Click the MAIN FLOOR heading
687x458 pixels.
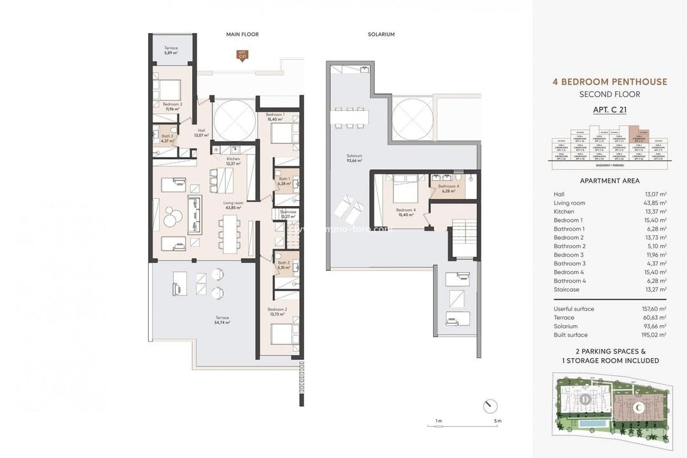coord(242,34)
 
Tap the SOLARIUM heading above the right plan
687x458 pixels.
coord(381,34)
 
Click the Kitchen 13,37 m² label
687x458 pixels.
coord(233,161)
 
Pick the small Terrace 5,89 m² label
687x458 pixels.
coord(170,50)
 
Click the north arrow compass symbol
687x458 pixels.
coord(490,406)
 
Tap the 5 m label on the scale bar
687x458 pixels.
coord(497,421)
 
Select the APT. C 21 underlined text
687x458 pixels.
coord(610,109)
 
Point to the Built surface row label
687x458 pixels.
coord(571,335)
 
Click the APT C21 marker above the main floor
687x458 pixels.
coord(242,55)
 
